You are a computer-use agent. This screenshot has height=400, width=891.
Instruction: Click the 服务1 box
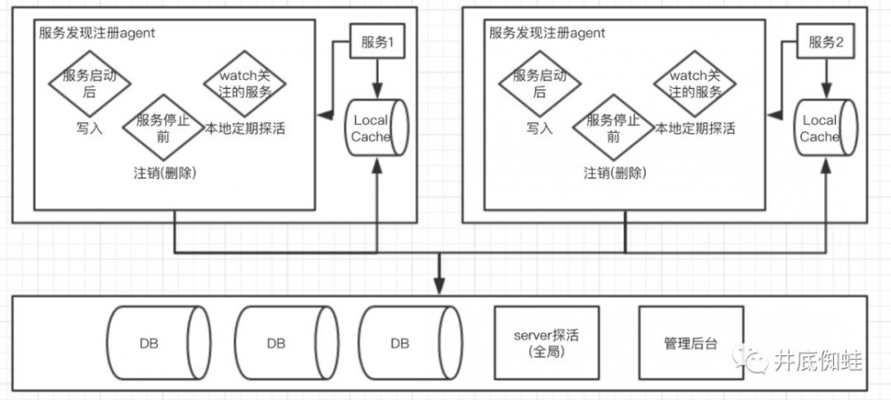(x=376, y=43)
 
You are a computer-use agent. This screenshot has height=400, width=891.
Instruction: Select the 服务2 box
(x=826, y=43)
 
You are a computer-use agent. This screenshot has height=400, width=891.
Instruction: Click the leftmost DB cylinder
(x=158, y=343)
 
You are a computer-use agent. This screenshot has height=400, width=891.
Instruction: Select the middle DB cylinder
(x=283, y=343)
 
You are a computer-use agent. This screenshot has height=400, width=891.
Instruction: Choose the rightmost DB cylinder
(x=408, y=343)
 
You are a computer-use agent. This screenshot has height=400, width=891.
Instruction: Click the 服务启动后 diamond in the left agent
(x=89, y=84)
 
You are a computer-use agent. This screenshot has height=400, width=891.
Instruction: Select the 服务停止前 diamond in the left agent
(x=163, y=127)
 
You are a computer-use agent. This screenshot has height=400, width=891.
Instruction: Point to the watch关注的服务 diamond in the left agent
(x=244, y=84)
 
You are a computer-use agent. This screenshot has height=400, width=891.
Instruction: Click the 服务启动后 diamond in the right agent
(x=539, y=84)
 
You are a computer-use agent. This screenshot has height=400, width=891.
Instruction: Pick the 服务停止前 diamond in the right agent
(x=613, y=127)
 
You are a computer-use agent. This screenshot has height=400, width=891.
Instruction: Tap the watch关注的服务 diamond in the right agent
(x=695, y=84)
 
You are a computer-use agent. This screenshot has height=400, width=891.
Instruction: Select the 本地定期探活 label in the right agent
(x=695, y=127)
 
